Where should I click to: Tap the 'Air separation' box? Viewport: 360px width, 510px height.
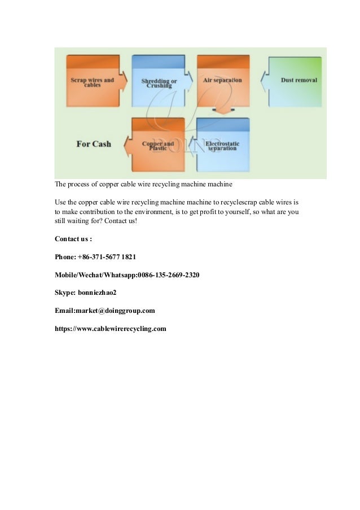coord(222,80)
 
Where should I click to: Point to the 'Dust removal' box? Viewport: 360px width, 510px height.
coord(297,80)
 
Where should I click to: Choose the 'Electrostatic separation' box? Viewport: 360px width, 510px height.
coord(222,146)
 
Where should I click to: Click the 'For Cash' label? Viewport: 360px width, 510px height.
coord(94,144)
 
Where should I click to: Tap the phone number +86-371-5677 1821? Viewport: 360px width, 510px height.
coord(107,256)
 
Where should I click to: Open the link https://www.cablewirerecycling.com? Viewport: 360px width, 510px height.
coord(111,329)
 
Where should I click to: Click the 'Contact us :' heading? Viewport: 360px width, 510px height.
coord(73,238)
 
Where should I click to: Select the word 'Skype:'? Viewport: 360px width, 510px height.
coord(65,293)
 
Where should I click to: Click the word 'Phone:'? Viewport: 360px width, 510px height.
coord(65,256)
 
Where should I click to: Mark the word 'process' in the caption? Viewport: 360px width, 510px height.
coord(80,184)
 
